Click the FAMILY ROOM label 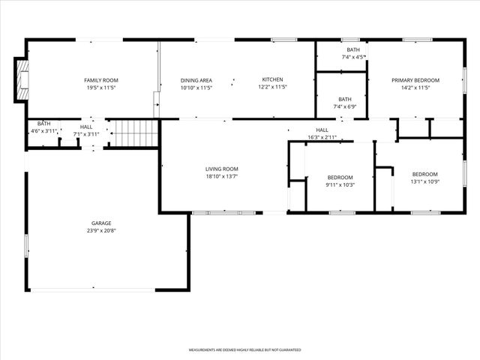pos(100,80)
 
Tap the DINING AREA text pos(196,80)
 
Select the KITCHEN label pos(272,80)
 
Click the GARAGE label pos(101,223)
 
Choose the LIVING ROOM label pos(222,169)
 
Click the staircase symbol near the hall pos(134,133)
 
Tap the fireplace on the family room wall pos(21,80)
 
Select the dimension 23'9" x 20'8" pos(101,230)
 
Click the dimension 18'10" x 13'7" pos(222,176)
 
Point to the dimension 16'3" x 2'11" pos(322,137)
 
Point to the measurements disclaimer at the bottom pos(244,350)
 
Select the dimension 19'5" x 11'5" pos(100,87)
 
